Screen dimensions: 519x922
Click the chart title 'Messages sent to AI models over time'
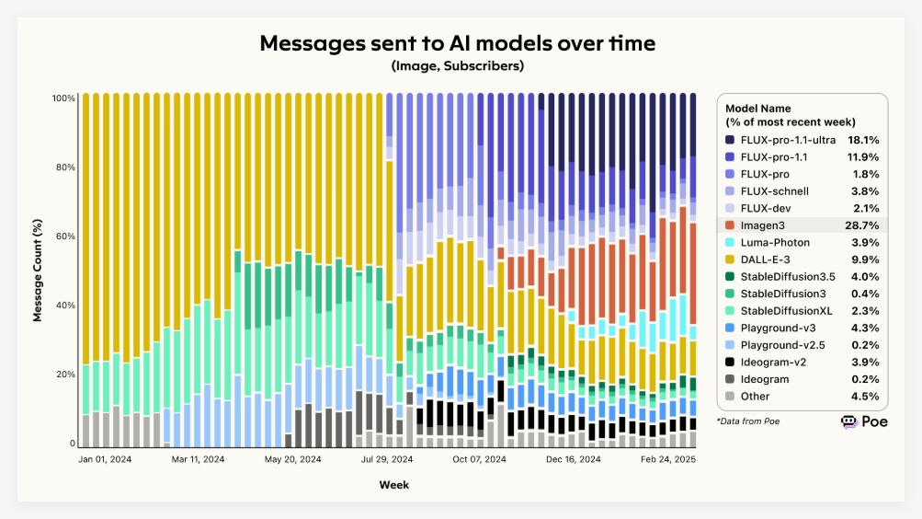point(458,43)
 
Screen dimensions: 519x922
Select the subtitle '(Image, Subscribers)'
point(457,65)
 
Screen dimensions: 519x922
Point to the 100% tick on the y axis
point(63,98)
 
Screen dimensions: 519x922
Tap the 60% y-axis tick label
point(65,236)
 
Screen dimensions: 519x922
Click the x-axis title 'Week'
point(394,484)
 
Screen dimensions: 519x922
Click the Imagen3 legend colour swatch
point(730,225)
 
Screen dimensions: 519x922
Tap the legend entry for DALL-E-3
point(765,259)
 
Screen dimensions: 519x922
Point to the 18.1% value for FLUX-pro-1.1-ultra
point(864,140)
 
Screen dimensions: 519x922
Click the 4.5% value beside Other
point(867,397)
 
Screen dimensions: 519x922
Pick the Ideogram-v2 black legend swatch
point(730,362)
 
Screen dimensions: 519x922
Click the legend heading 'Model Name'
point(757,108)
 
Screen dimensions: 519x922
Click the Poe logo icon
point(849,421)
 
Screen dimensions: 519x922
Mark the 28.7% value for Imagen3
point(864,225)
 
